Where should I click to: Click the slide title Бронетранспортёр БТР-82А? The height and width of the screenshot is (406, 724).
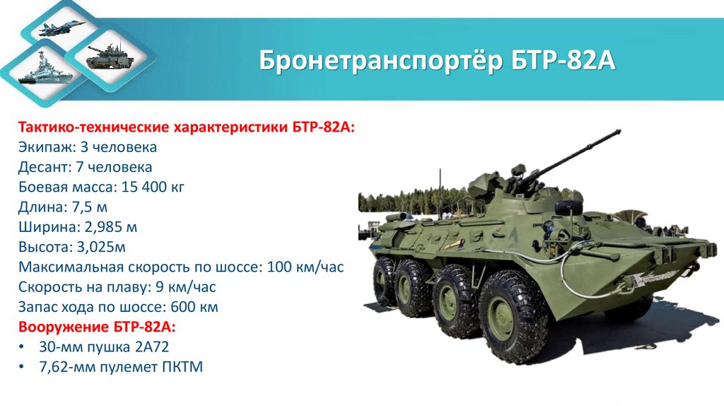click(x=438, y=60)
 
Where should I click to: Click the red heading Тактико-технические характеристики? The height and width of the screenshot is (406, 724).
click(x=187, y=127)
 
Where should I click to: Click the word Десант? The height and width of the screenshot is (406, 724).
click(x=45, y=168)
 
